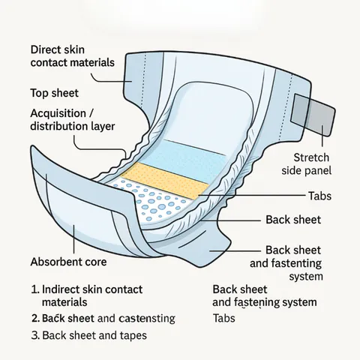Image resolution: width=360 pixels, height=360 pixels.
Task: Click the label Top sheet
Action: point(55,93)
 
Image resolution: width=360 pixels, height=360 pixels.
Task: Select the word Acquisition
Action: point(58,114)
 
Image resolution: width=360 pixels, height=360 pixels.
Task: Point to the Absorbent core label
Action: point(68,262)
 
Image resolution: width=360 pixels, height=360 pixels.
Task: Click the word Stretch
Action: point(311,157)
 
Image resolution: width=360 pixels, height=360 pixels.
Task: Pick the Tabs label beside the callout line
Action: point(319,196)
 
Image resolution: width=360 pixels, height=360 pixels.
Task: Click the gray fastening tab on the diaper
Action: point(313,115)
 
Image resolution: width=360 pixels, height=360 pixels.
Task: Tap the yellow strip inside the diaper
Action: point(165,181)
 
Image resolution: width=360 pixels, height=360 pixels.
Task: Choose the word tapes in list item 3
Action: point(133,336)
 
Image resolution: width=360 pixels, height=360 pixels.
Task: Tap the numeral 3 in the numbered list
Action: point(34,335)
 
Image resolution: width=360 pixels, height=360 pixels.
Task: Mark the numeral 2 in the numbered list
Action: point(34,319)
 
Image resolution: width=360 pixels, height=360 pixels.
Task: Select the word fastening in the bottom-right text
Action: point(255,302)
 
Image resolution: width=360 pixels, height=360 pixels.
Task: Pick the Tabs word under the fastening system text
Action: point(224,319)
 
